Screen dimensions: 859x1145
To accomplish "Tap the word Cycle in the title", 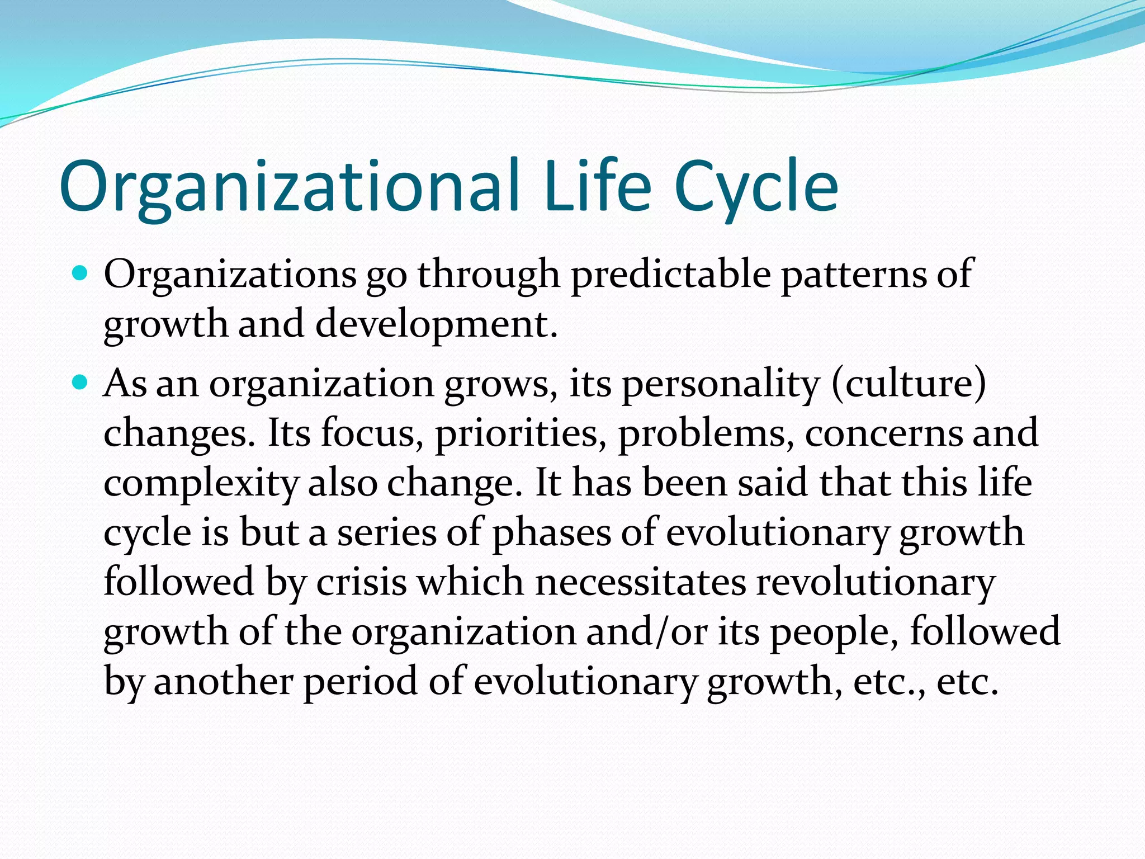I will click(756, 187).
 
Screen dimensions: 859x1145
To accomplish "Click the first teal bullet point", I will click(81, 274).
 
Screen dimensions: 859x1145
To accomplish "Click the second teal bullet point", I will click(81, 383).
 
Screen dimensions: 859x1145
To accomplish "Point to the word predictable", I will click(670, 275).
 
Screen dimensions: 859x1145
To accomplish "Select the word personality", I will click(721, 385).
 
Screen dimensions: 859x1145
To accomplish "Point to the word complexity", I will click(201, 484).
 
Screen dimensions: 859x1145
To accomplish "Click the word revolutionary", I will click(876, 583).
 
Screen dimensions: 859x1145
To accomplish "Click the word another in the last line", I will click(224, 681).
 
